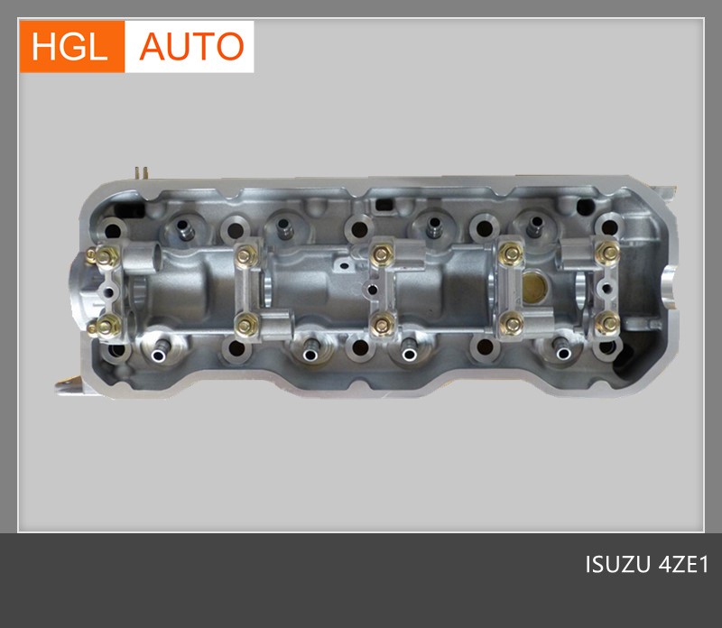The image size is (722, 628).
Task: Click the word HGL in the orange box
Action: click(69, 46)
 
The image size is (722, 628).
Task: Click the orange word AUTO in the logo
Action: click(191, 46)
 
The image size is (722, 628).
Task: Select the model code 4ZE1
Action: click(684, 565)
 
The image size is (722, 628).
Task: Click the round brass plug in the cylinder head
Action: click(534, 285)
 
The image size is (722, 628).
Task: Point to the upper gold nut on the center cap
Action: click(382, 254)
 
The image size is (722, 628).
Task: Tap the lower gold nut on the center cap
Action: click(382, 325)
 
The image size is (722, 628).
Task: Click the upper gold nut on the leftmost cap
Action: click(106, 256)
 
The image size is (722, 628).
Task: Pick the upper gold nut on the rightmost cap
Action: click(607, 252)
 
